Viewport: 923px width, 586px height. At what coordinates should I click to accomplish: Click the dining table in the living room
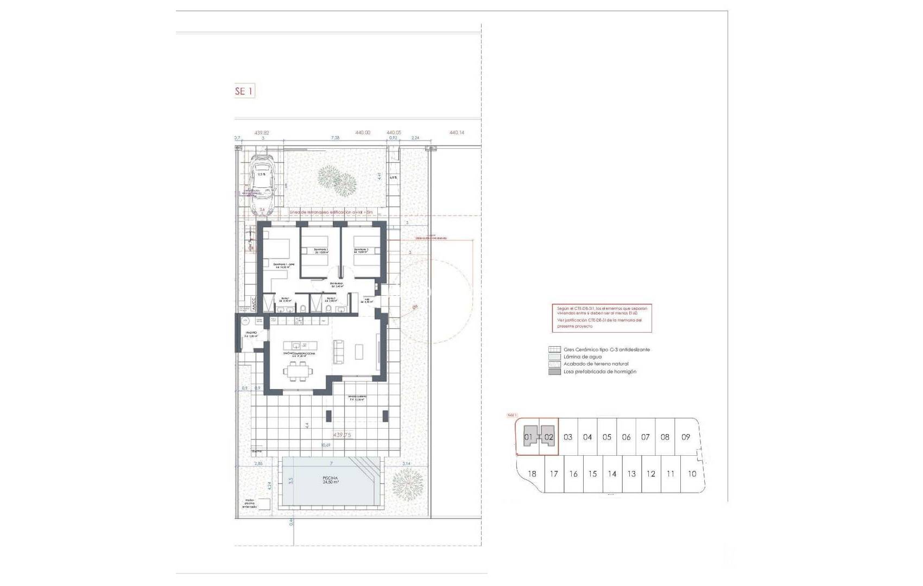coord(298,371)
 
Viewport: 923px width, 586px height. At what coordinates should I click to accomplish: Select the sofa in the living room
coord(338,351)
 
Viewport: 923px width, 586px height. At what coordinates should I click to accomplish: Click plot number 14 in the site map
coord(612,474)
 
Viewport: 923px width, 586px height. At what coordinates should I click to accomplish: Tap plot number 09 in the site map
coord(686,437)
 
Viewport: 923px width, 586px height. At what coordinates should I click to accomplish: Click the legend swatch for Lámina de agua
coord(554,357)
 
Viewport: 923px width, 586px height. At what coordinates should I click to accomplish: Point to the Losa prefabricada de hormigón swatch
coord(554,372)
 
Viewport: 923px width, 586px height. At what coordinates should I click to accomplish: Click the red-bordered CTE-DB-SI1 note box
coord(602,318)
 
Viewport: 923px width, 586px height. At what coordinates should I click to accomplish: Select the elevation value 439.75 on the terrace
coord(342,435)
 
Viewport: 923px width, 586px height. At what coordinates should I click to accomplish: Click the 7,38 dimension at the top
coord(335,138)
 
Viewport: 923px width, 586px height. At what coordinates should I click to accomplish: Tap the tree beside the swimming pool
coord(407,482)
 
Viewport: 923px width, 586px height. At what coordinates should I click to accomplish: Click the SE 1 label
coord(243,91)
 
